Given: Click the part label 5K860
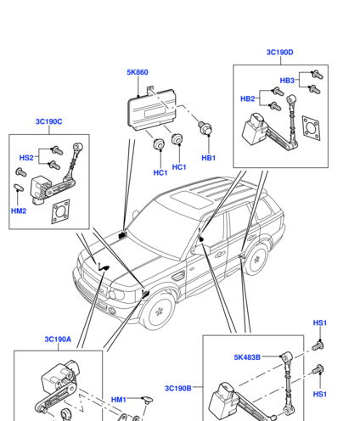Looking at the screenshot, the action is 138,72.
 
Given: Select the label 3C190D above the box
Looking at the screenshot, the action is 280,53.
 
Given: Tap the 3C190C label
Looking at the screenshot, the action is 49,121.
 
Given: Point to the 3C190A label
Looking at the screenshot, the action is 58,340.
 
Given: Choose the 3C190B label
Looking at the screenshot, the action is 178,388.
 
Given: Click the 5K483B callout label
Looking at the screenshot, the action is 247,357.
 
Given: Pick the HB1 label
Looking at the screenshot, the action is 209,158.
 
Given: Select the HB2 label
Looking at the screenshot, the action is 248,98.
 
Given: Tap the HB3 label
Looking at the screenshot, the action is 287,81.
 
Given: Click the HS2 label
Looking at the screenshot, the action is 26,158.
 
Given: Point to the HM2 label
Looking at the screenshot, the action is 19,210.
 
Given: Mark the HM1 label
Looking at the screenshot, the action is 119,400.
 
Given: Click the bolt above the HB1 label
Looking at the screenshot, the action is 205,128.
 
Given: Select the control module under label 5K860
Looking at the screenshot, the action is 151,109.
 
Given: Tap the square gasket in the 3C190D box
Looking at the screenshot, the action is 311,128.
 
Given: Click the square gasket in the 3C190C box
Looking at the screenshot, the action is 60,211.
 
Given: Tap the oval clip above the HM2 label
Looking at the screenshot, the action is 19,188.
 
